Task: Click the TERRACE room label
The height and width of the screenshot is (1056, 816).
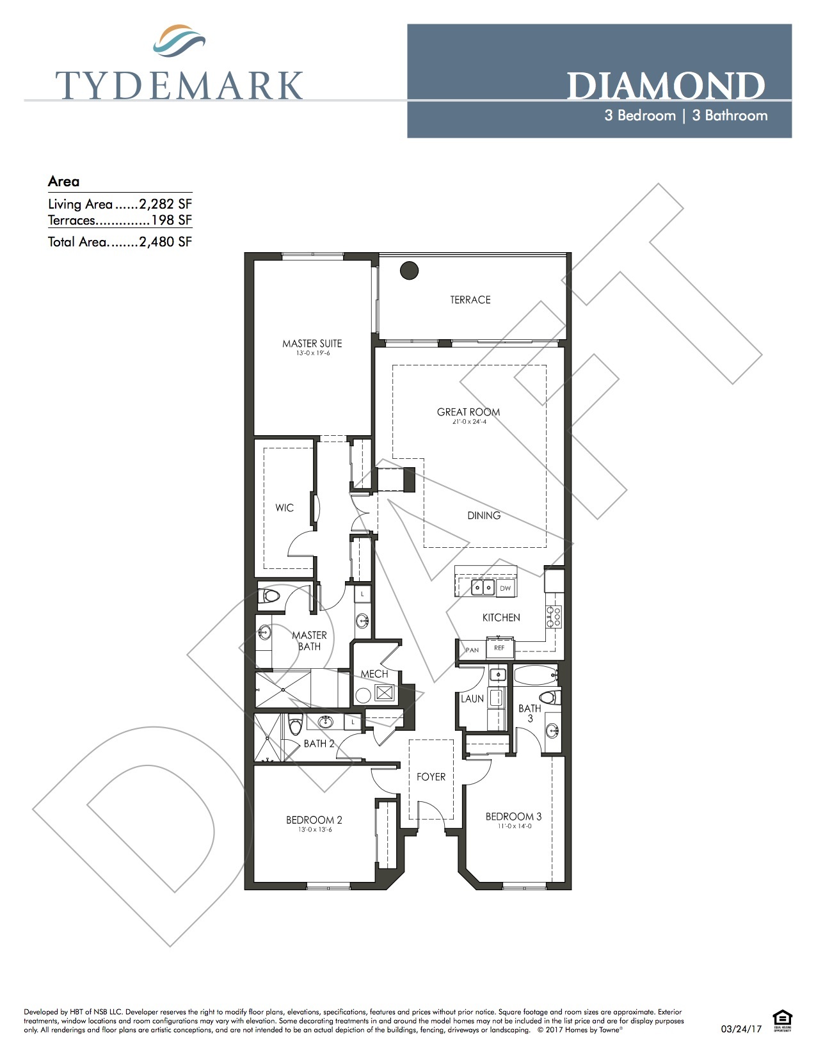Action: click(x=470, y=300)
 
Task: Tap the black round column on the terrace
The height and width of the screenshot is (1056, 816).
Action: click(x=409, y=271)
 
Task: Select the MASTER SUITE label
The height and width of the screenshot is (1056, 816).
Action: click(x=312, y=344)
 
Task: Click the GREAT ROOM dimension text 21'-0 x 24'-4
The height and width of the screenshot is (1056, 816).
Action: click(x=468, y=422)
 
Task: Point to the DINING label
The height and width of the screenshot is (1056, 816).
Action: click(x=484, y=515)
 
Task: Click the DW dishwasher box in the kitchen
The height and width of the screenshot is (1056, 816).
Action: click(x=506, y=588)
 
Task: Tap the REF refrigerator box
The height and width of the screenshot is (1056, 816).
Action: click(x=499, y=648)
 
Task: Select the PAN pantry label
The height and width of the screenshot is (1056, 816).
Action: click(x=472, y=650)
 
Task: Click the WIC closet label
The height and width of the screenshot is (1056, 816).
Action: click(x=284, y=508)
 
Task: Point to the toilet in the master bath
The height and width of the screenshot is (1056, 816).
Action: click(x=270, y=596)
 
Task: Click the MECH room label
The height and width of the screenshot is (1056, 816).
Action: click(x=374, y=674)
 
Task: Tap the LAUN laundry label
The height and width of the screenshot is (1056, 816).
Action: click(x=472, y=699)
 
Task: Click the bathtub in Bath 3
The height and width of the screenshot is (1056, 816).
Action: click(x=535, y=675)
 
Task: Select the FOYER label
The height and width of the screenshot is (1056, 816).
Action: click(x=431, y=777)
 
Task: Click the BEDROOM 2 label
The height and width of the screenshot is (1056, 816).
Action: click(x=314, y=820)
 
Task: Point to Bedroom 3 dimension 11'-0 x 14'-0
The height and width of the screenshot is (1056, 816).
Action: click(x=515, y=826)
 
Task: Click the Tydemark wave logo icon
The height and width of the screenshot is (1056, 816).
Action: click(x=179, y=41)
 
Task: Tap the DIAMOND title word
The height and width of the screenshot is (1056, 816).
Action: click(x=666, y=86)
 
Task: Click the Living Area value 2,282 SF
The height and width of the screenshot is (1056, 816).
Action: click(x=165, y=204)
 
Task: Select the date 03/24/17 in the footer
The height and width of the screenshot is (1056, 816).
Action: click(x=741, y=1029)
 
